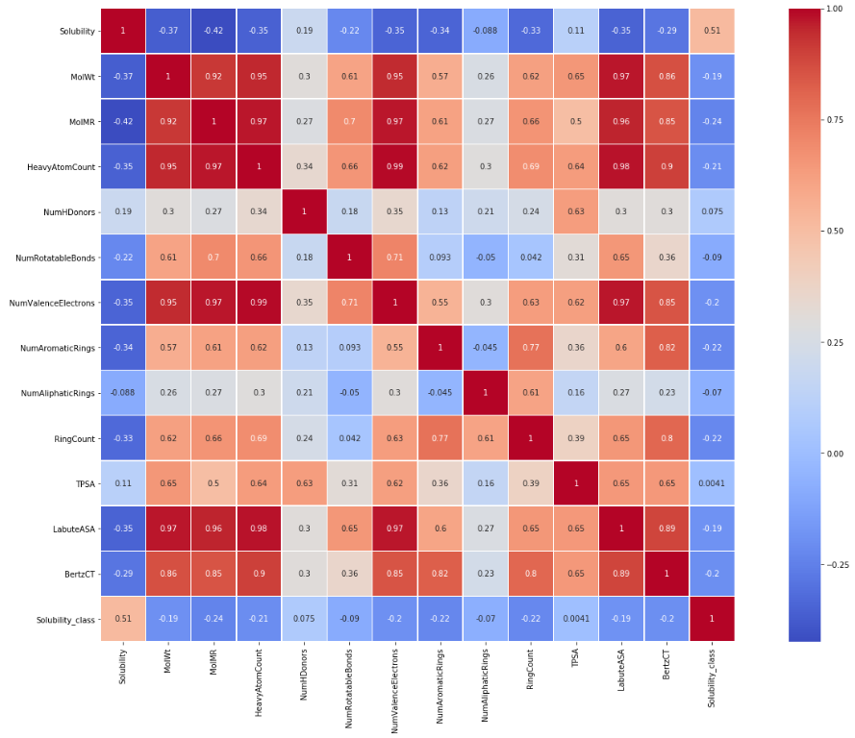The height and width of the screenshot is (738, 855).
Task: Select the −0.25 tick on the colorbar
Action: (835, 565)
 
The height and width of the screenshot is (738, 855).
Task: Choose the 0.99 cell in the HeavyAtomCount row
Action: (393, 166)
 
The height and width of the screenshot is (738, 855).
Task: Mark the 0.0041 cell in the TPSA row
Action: (713, 483)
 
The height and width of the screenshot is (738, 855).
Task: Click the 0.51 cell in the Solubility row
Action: (713, 31)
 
